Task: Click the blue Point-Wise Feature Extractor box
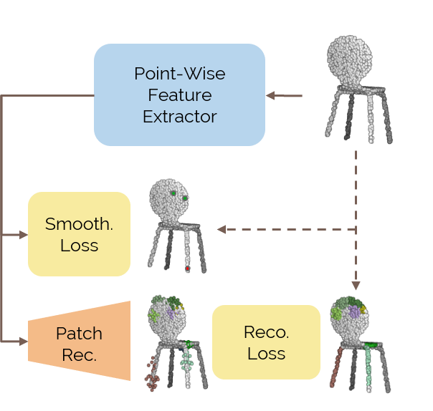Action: pyautogui.click(x=179, y=95)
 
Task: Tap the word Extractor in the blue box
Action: pyautogui.click(x=179, y=116)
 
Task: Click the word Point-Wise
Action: pyautogui.click(x=179, y=74)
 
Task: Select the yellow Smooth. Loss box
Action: pyautogui.click(x=79, y=233)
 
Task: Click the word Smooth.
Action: pyautogui.click(x=79, y=223)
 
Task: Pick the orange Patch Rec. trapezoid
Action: pyautogui.click(x=79, y=342)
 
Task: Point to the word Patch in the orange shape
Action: pyautogui.click(x=79, y=333)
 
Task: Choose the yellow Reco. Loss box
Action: pyautogui.click(x=266, y=342)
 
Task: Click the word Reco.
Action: pyautogui.click(x=266, y=332)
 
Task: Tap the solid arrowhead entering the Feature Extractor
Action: pyautogui.click(x=270, y=95)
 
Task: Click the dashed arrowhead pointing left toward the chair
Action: pyautogui.click(x=222, y=229)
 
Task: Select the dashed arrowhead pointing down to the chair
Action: pyautogui.click(x=356, y=285)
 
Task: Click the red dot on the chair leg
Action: pyautogui.click(x=188, y=269)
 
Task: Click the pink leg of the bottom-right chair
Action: pyautogui.click(x=338, y=369)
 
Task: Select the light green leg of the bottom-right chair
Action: pyautogui.click(x=370, y=365)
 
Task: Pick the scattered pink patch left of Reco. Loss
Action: pyautogui.click(x=152, y=372)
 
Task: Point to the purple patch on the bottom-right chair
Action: pyautogui.click(x=354, y=313)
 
